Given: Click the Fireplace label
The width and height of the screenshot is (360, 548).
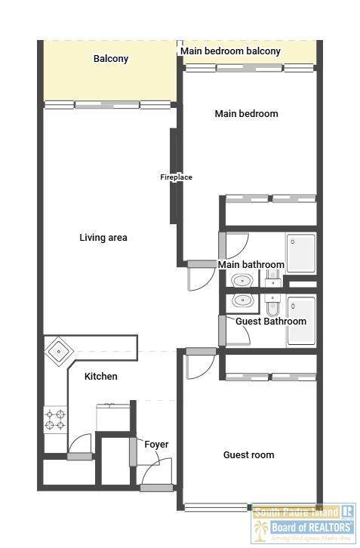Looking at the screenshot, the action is tap(176, 177).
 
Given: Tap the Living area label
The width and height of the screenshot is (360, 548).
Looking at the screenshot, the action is tap(103, 238).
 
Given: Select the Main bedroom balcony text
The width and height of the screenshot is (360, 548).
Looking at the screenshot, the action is tap(230, 51).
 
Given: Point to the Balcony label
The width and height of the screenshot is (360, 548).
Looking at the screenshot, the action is tap(111, 58).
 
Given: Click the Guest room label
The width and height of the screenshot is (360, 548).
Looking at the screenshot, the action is tap(248, 454).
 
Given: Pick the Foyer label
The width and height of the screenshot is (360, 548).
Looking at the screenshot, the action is tap(156, 445).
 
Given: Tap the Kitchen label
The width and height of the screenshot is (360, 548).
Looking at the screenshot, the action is tap(101, 377).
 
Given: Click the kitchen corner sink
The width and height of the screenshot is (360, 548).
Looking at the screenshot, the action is tap(59, 351).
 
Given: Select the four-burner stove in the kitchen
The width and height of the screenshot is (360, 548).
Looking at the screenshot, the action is tap(56, 420).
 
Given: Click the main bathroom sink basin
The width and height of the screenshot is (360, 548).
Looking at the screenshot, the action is tap(242, 281).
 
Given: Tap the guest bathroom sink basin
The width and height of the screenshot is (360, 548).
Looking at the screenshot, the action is tap(242, 300).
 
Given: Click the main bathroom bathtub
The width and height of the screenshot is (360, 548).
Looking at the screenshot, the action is tap(301, 253).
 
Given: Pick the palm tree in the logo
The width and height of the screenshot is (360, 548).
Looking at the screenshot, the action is tap(261, 529).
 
